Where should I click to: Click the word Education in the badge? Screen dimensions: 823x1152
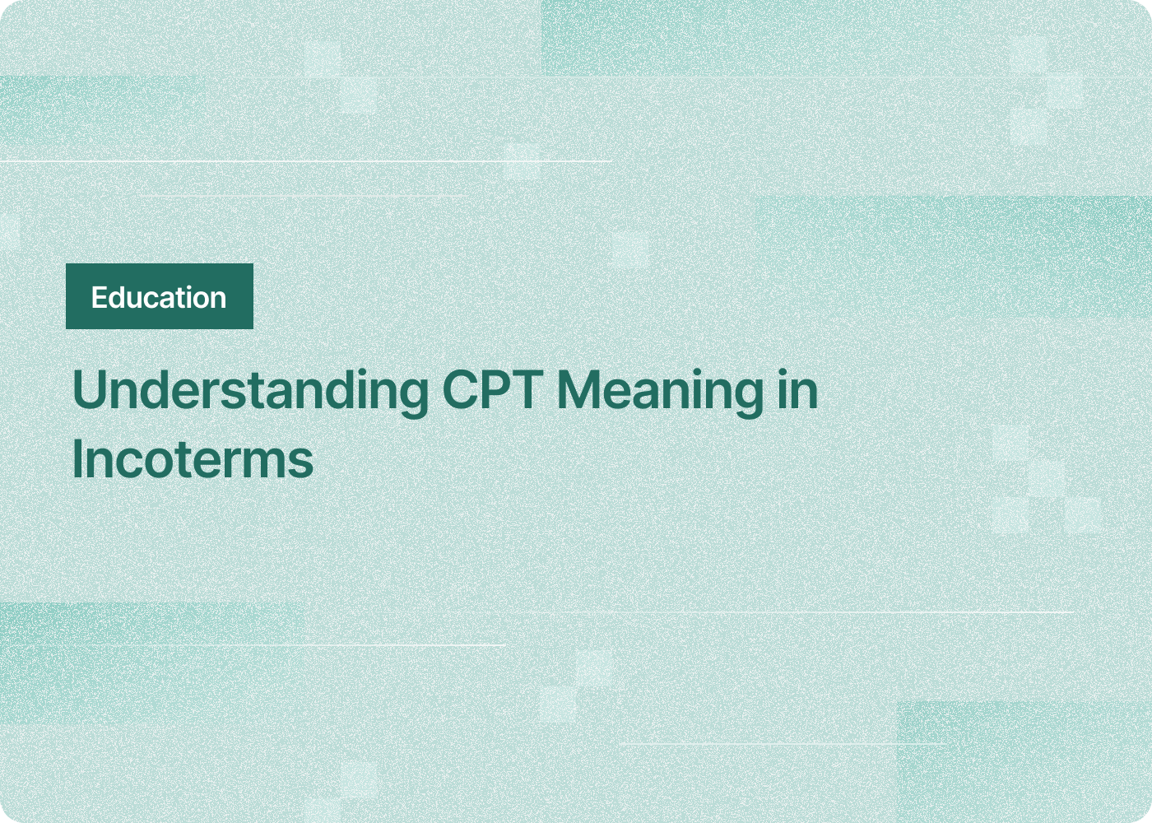tap(159, 297)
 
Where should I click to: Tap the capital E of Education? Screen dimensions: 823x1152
tap(99, 297)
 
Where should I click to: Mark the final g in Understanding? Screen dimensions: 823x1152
tap(414, 395)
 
